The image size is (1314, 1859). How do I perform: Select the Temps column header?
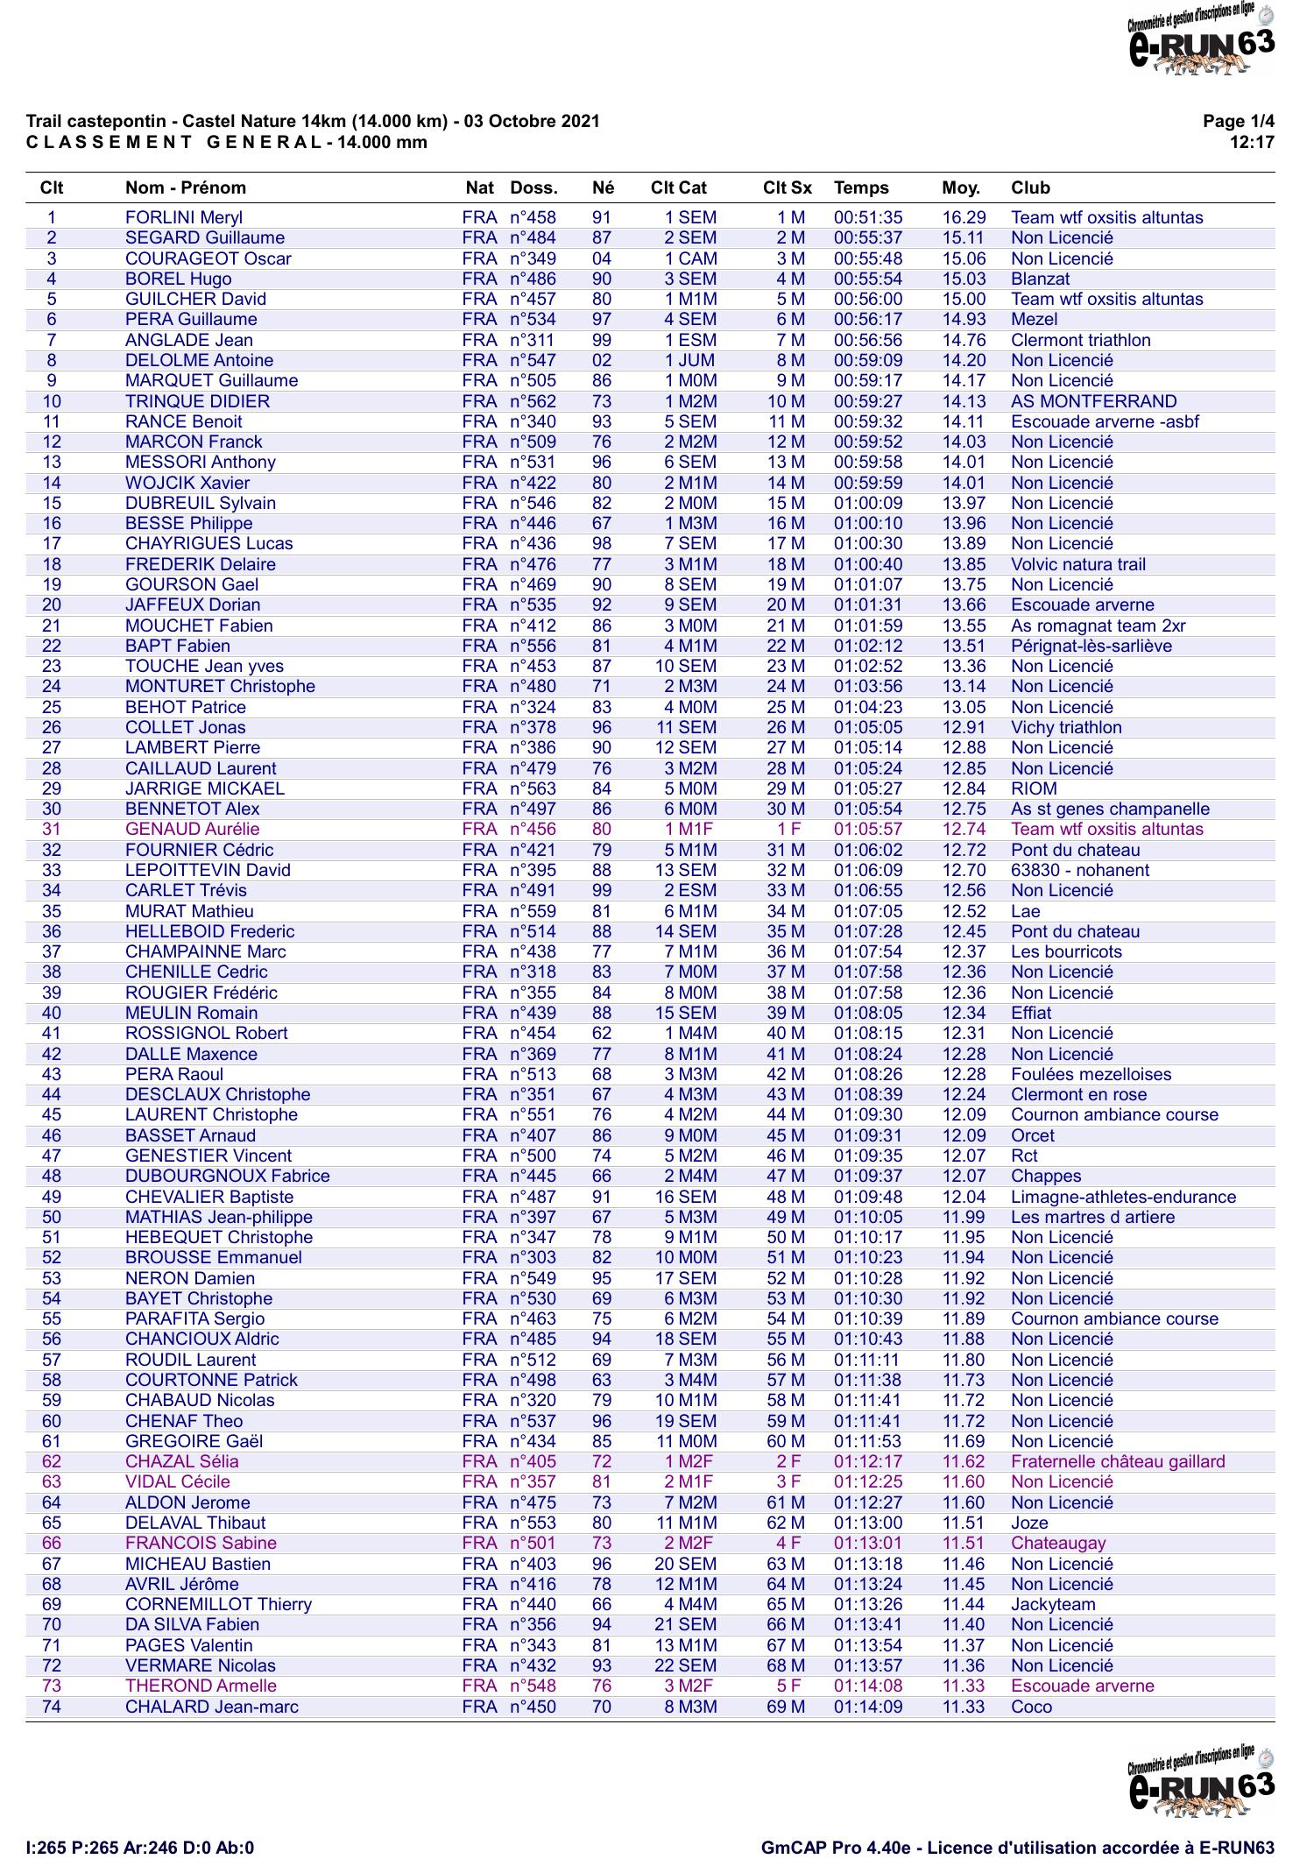pos(860,187)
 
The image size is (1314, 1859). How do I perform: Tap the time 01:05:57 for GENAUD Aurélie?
pos(867,829)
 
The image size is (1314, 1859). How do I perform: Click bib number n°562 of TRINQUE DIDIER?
pos(533,401)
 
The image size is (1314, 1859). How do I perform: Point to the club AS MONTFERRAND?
pos(1093,401)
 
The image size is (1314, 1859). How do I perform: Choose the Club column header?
pos(1030,187)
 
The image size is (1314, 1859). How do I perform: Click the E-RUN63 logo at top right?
pos(1201,40)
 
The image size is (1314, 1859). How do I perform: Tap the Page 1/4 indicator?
pos(1239,122)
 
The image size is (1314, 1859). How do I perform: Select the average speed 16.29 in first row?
pos(964,217)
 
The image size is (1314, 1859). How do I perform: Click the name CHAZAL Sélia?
pos(182,1461)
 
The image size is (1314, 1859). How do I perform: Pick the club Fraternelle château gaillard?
pos(1118,1461)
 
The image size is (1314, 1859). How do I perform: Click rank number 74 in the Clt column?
pos(52,1707)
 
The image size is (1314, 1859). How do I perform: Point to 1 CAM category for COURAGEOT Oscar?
pos(690,258)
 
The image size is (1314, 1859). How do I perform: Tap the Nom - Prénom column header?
pos(186,187)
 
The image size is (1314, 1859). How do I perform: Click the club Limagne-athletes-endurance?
pos(1123,1197)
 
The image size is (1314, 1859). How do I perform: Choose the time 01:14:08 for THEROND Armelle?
pos(867,1686)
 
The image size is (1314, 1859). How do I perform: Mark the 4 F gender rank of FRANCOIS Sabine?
pos(788,1543)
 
